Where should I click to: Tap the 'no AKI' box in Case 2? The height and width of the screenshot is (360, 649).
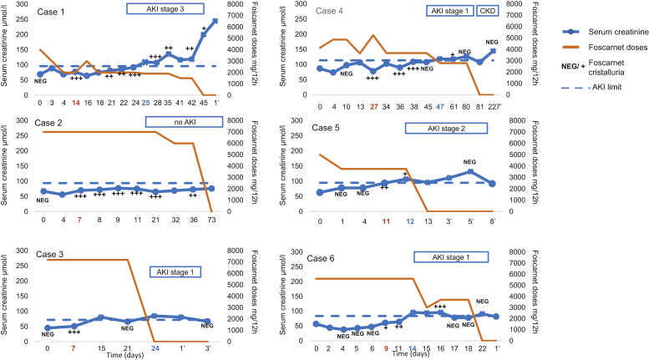tap(185, 122)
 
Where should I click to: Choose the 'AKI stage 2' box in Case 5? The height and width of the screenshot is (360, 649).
tap(447, 129)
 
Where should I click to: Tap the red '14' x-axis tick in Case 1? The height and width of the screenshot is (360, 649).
tap(76, 104)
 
